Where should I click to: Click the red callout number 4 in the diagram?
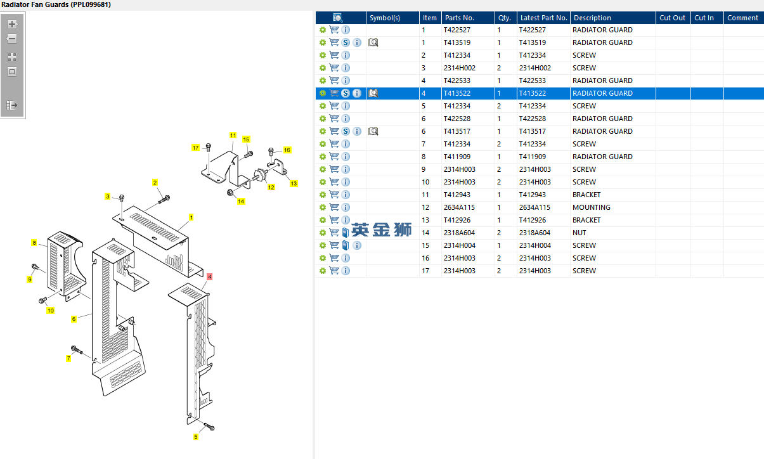pyautogui.click(x=209, y=276)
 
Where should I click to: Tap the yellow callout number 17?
pyautogui.click(x=195, y=148)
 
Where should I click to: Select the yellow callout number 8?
pyautogui.click(x=34, y=242)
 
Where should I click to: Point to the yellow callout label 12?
pyautogui.click(x=271, y=187)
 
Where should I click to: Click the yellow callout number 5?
pyautogui.click(x=196, y=436)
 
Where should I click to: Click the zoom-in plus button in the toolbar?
pyautogui.click(x=12, y=24)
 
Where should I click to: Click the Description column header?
pyautogui.click(x=592, y=18)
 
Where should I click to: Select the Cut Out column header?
pyautogui.click(x=672, y=18)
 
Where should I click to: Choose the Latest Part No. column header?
pyautogui.click(x=543, y=18)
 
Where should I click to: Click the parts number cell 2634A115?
pyautogui.click(x=459, y=207)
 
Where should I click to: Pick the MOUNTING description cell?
pyautogui.click(x=592, y=207)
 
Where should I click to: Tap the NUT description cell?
pyautogui.click(x=579, y=233)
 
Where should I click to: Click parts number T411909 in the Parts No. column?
pyautogui.click(x=457, y=157)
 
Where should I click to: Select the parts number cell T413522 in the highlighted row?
pyautogui.click(x=457, y=93)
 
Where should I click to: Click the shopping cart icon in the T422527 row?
pyautogui.click(x=334, y=30)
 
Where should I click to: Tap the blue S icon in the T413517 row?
pyautogui.click(x=346, y=131)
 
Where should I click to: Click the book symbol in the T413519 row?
pyautogui.click(x=373, y=42)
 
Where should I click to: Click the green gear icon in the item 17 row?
pyautogui.click(x=322, y=271)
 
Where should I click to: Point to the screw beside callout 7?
pyautogui.click(x=77, y=350)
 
